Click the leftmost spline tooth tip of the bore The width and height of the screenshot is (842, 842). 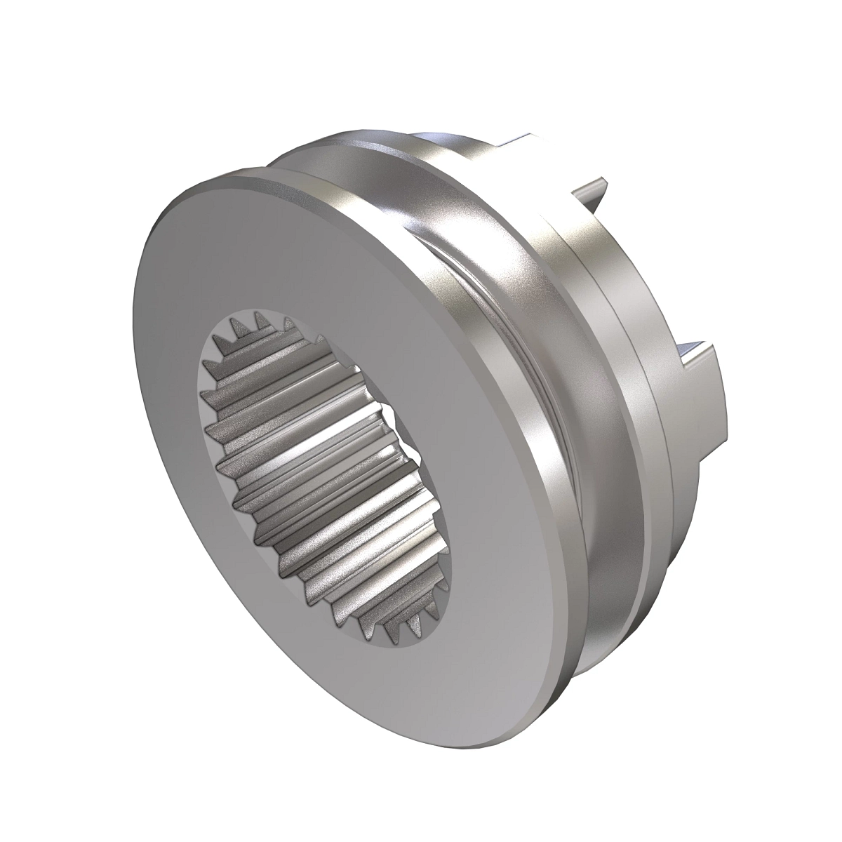[205, 365]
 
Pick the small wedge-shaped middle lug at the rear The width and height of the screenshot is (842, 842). [593, 189]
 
